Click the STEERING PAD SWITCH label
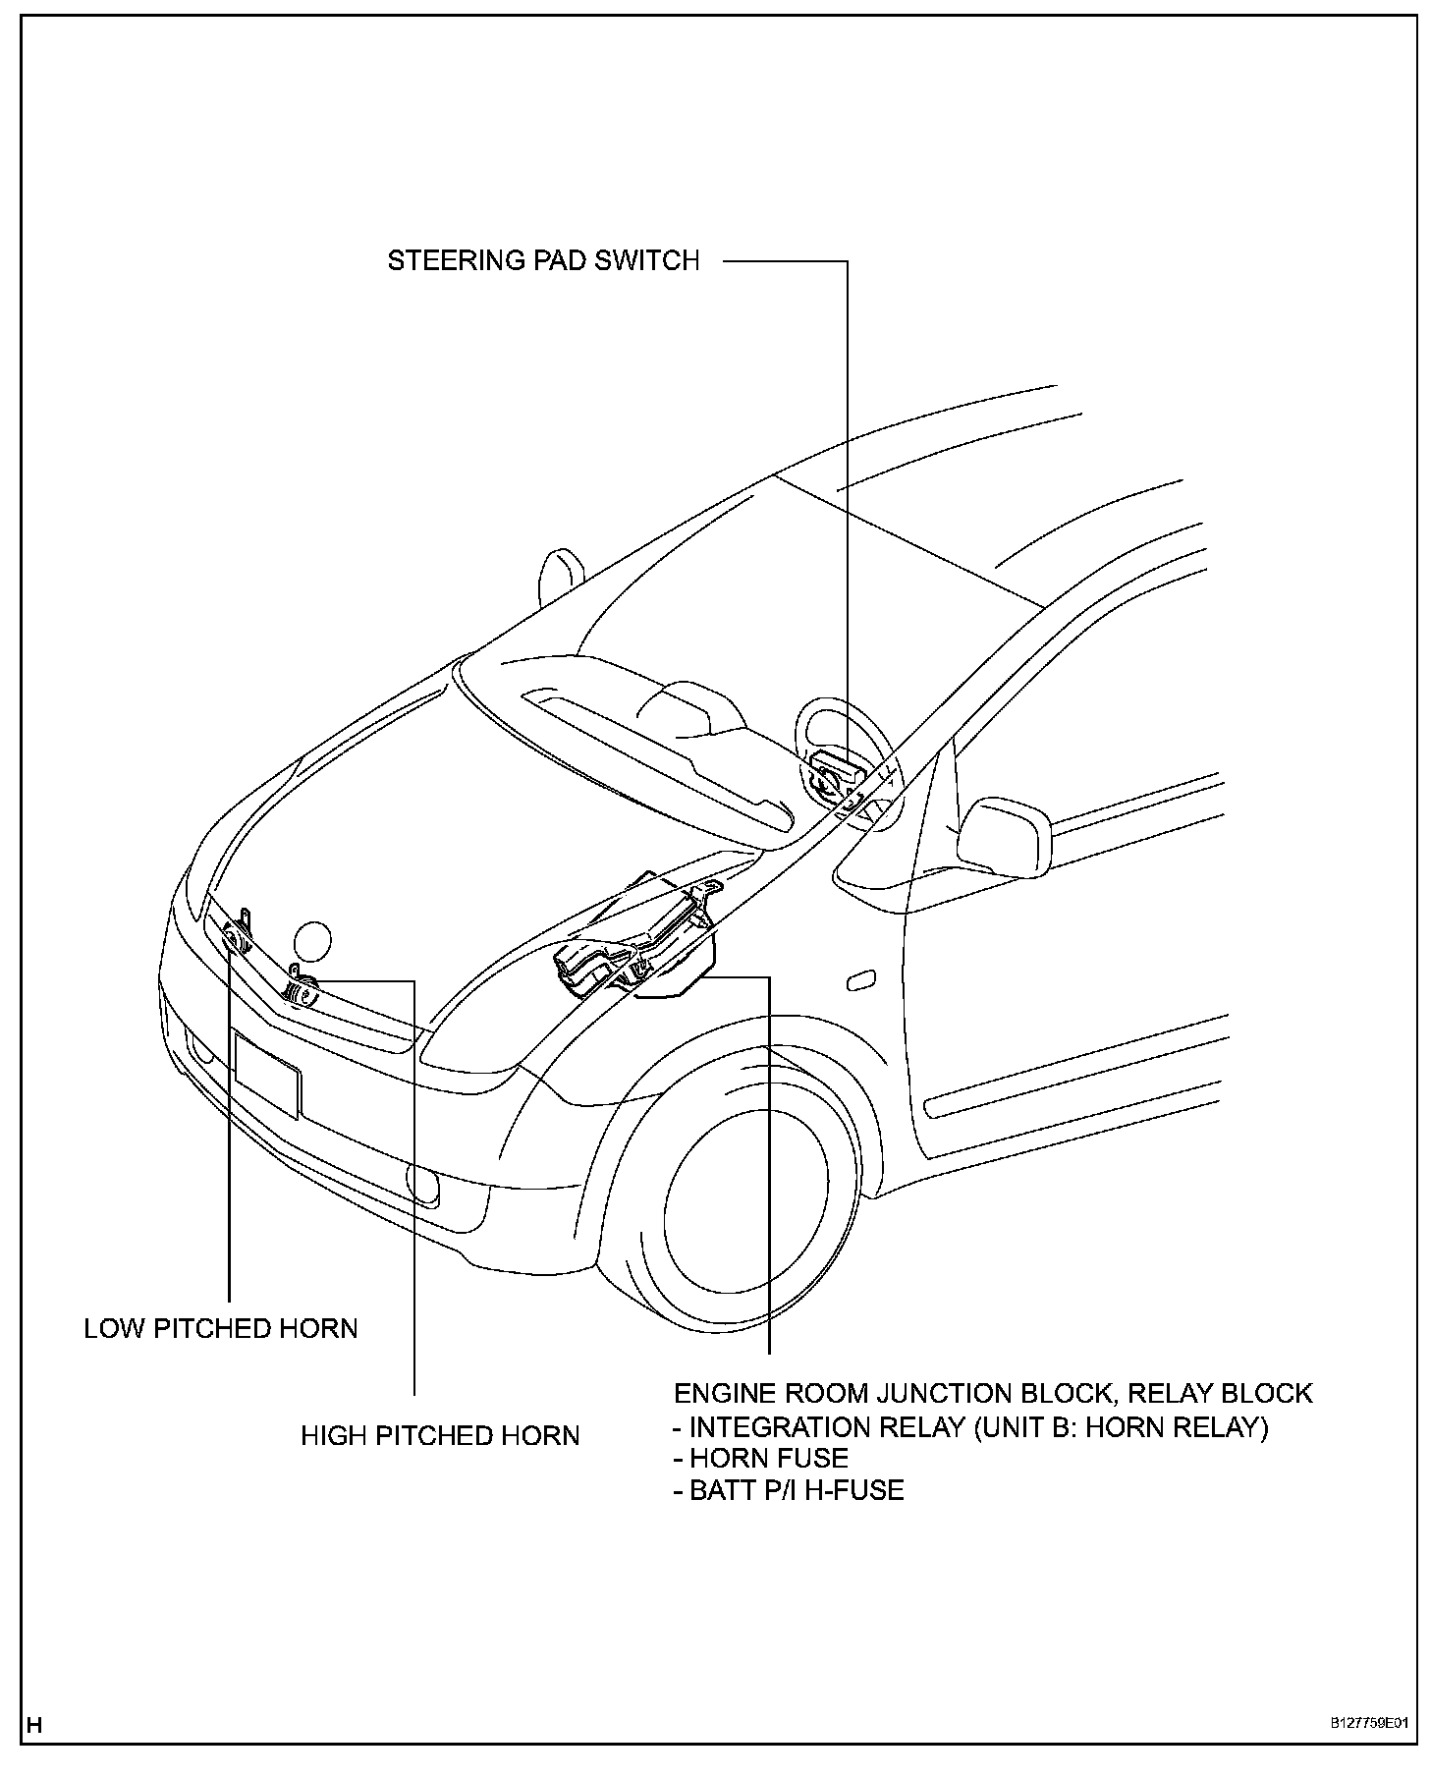point(543,261)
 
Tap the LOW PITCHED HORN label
point(221,1329)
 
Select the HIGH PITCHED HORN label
point(440,1436)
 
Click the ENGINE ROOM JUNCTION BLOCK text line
point(992,1394)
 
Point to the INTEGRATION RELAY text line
point(970,1426)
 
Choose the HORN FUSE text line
point(760,1458)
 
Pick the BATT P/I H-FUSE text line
point(788,1490)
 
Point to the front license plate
point(267,1076)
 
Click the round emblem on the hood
point(313,941)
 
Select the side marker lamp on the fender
point(860,979)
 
